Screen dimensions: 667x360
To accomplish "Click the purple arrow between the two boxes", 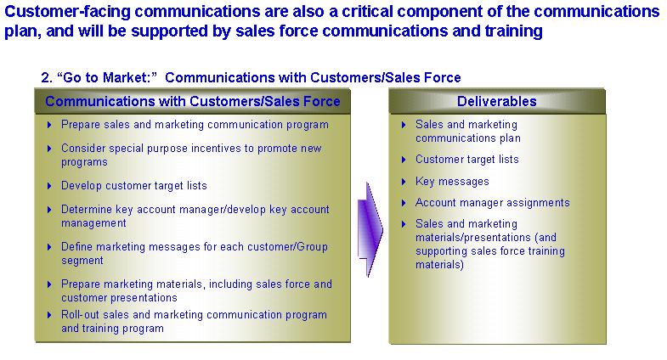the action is coord(370,229).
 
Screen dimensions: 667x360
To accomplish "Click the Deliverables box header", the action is coord(497,101).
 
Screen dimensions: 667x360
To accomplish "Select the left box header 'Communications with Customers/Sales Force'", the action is coord(193,101).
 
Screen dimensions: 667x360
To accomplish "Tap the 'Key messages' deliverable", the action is coord(452,182).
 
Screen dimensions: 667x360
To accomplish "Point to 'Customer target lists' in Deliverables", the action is coord(467,160).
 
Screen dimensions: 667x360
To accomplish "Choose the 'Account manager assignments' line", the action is coord(493,202).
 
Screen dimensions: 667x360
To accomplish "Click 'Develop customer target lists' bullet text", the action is coord(134,186).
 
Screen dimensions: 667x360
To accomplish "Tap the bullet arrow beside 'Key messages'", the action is coord(404,182).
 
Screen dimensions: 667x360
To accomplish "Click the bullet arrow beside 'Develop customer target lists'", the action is coord(49,186).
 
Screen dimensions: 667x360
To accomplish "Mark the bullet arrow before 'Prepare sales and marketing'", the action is coord(49,125).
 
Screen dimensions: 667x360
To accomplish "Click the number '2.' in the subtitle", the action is coord(47,77).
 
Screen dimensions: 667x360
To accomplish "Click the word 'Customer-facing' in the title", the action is coord(67,12).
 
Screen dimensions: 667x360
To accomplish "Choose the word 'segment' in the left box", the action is coord(82,261).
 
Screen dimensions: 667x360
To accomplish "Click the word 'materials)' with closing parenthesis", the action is coord(439,265).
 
